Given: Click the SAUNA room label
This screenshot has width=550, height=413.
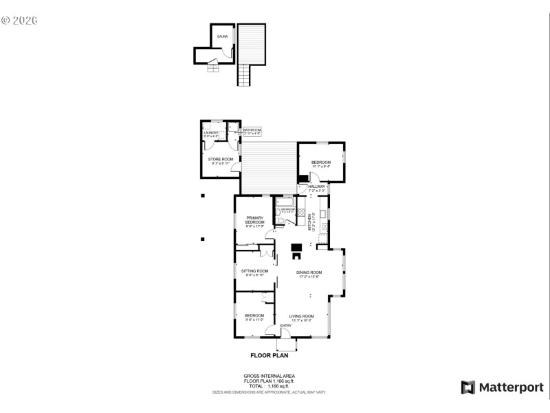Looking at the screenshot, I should (222, 36).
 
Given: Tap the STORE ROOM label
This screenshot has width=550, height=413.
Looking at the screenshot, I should (221, 159).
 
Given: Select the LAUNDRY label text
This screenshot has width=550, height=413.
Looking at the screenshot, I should (211, 132).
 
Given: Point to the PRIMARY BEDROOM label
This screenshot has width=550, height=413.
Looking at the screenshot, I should (255, 220).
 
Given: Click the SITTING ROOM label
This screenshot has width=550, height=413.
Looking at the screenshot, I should (255, 271).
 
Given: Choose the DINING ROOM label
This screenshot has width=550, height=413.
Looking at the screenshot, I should (309, 273).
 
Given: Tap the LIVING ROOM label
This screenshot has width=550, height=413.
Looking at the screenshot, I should (301, 316).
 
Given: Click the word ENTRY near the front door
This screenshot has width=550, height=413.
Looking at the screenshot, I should (285, 326).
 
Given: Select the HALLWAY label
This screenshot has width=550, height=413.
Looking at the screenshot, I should (316, 187).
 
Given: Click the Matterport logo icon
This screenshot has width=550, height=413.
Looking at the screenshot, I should (467, 387).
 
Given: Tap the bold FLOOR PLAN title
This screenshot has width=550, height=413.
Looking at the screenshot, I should (269, 356).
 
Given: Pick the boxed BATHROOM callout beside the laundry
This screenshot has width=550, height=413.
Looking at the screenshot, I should (252, 131).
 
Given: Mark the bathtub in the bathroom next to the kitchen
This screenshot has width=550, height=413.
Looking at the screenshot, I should (285, 200).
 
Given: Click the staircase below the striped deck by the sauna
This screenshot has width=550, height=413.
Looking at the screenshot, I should (245, 74).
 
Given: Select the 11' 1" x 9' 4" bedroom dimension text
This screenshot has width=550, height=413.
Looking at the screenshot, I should (321, 166).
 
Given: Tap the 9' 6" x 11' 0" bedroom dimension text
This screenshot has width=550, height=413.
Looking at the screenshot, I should (254, 320).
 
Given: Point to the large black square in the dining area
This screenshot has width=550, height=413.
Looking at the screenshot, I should (297, 248).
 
